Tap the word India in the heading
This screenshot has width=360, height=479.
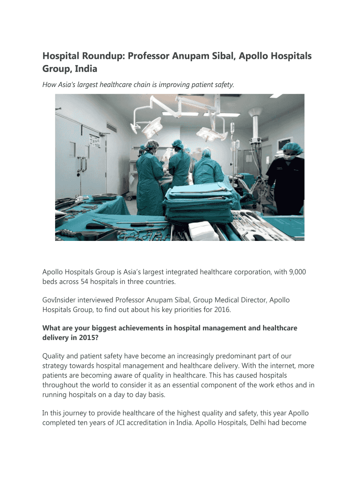click(85, 69)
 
